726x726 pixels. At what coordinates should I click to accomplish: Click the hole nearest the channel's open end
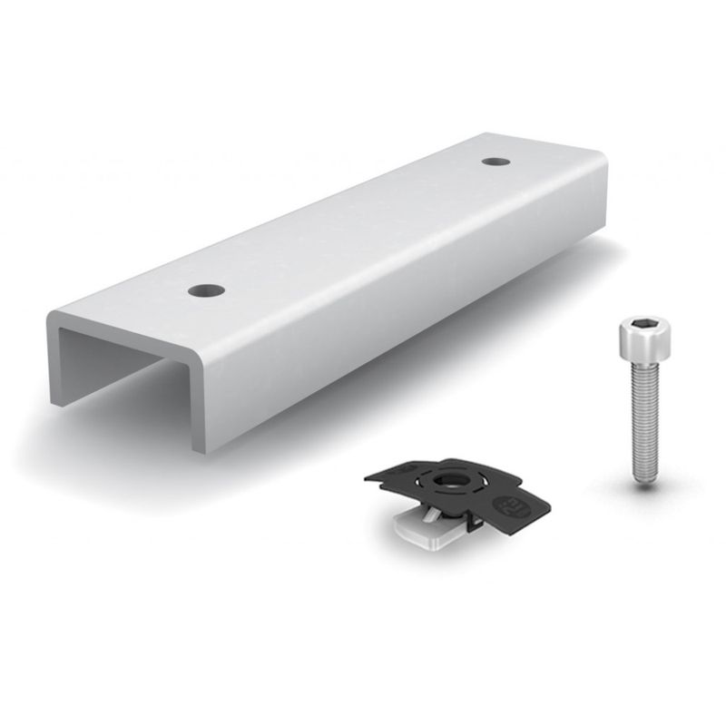pos(206,290)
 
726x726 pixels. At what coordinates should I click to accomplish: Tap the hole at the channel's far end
pos(495,162)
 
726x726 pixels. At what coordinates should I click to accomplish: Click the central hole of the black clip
pos(448,479)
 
